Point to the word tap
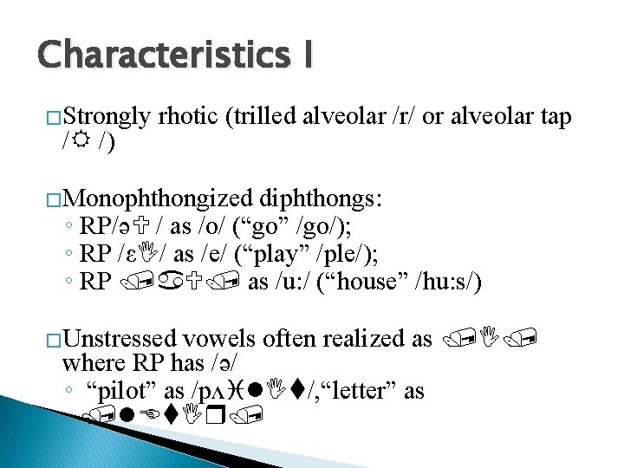(551, 117)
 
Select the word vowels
(232, 339)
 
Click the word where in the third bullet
(92, 364)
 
